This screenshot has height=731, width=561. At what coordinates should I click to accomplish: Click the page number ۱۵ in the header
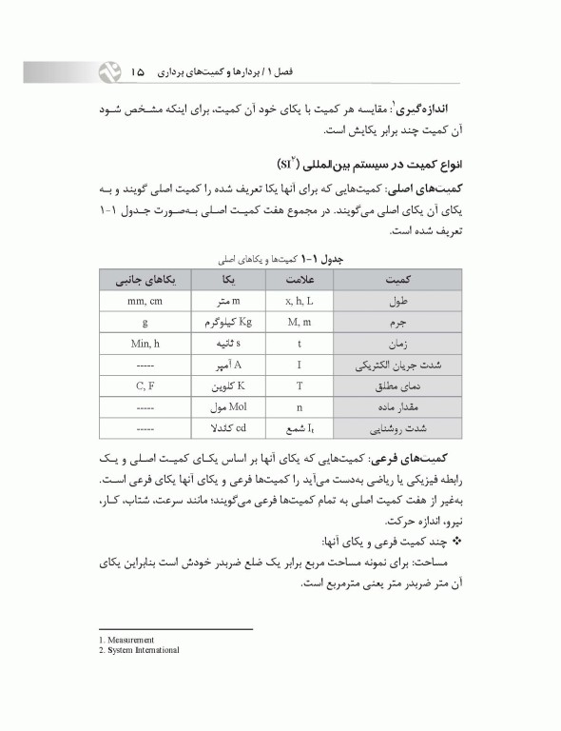[139, 69]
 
